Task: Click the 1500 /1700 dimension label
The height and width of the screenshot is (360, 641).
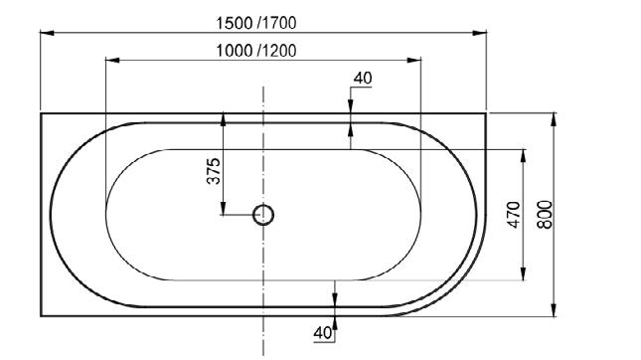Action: pos(256,23)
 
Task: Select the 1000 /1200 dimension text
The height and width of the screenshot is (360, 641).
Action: pos(256,51)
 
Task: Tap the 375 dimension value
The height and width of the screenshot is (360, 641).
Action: pos(214,171)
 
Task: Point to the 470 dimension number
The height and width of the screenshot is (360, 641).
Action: pos(514,215)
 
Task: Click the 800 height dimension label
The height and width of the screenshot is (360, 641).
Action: pos(545,215)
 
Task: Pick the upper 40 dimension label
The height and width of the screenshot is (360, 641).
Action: pos(363,78)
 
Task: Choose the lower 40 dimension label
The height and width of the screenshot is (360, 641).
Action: pos(323,333)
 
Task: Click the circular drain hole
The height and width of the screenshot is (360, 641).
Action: pos(263,215)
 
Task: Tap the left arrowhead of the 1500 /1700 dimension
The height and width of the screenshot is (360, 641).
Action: pos(47,33)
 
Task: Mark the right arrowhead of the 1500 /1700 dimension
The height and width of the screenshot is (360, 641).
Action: pos(480,33)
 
